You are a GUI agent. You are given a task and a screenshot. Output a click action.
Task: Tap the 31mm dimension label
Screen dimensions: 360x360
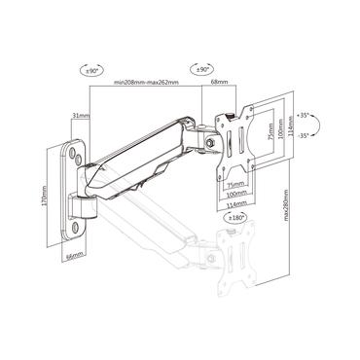pyautogui.click(x=80, y=116)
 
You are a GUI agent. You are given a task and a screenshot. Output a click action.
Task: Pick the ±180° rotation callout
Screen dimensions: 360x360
pyautogui.click(x=235, y=218)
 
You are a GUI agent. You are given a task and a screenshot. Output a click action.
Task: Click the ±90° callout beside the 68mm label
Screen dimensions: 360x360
pyautogui.click(x=204, y=70)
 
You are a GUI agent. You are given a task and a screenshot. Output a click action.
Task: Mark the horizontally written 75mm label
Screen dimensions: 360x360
pyautogui.click(x=234, y=183)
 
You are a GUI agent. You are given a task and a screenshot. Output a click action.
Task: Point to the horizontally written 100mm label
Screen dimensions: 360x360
pyautogui.click(x=234, y=193)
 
